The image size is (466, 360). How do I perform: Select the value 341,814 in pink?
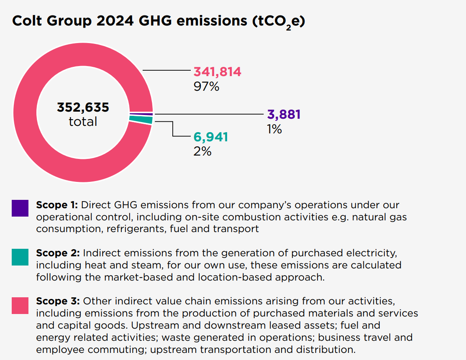click(x=217, y=72)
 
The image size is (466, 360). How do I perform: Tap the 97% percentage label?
click(x=206, y=87)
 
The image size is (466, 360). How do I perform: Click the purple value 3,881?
click(x=284, y=115)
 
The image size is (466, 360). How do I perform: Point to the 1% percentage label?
click(x=274, y=129)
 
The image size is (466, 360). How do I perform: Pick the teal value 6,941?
click(x=210, y=137)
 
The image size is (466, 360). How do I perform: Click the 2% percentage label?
click(x=202, y=151)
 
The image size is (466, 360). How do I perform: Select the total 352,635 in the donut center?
click(x=83, y=107)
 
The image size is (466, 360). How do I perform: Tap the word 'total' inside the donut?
click(x=83, y=122)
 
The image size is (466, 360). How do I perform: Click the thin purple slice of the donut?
click(x=141, y=114)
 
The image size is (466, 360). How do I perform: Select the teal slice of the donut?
click(x=141, y=120)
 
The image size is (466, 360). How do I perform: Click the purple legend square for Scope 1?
click(x=20, y=208)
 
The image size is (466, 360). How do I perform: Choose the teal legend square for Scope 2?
click(x=20, y=257)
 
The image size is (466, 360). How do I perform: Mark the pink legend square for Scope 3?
click(x=20, y=305)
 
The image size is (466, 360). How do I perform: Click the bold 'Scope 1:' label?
click(x=57, y=205)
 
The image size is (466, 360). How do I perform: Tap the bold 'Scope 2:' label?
click(x=58, y=253)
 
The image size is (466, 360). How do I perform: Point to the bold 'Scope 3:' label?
click(x=58, y=301)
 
